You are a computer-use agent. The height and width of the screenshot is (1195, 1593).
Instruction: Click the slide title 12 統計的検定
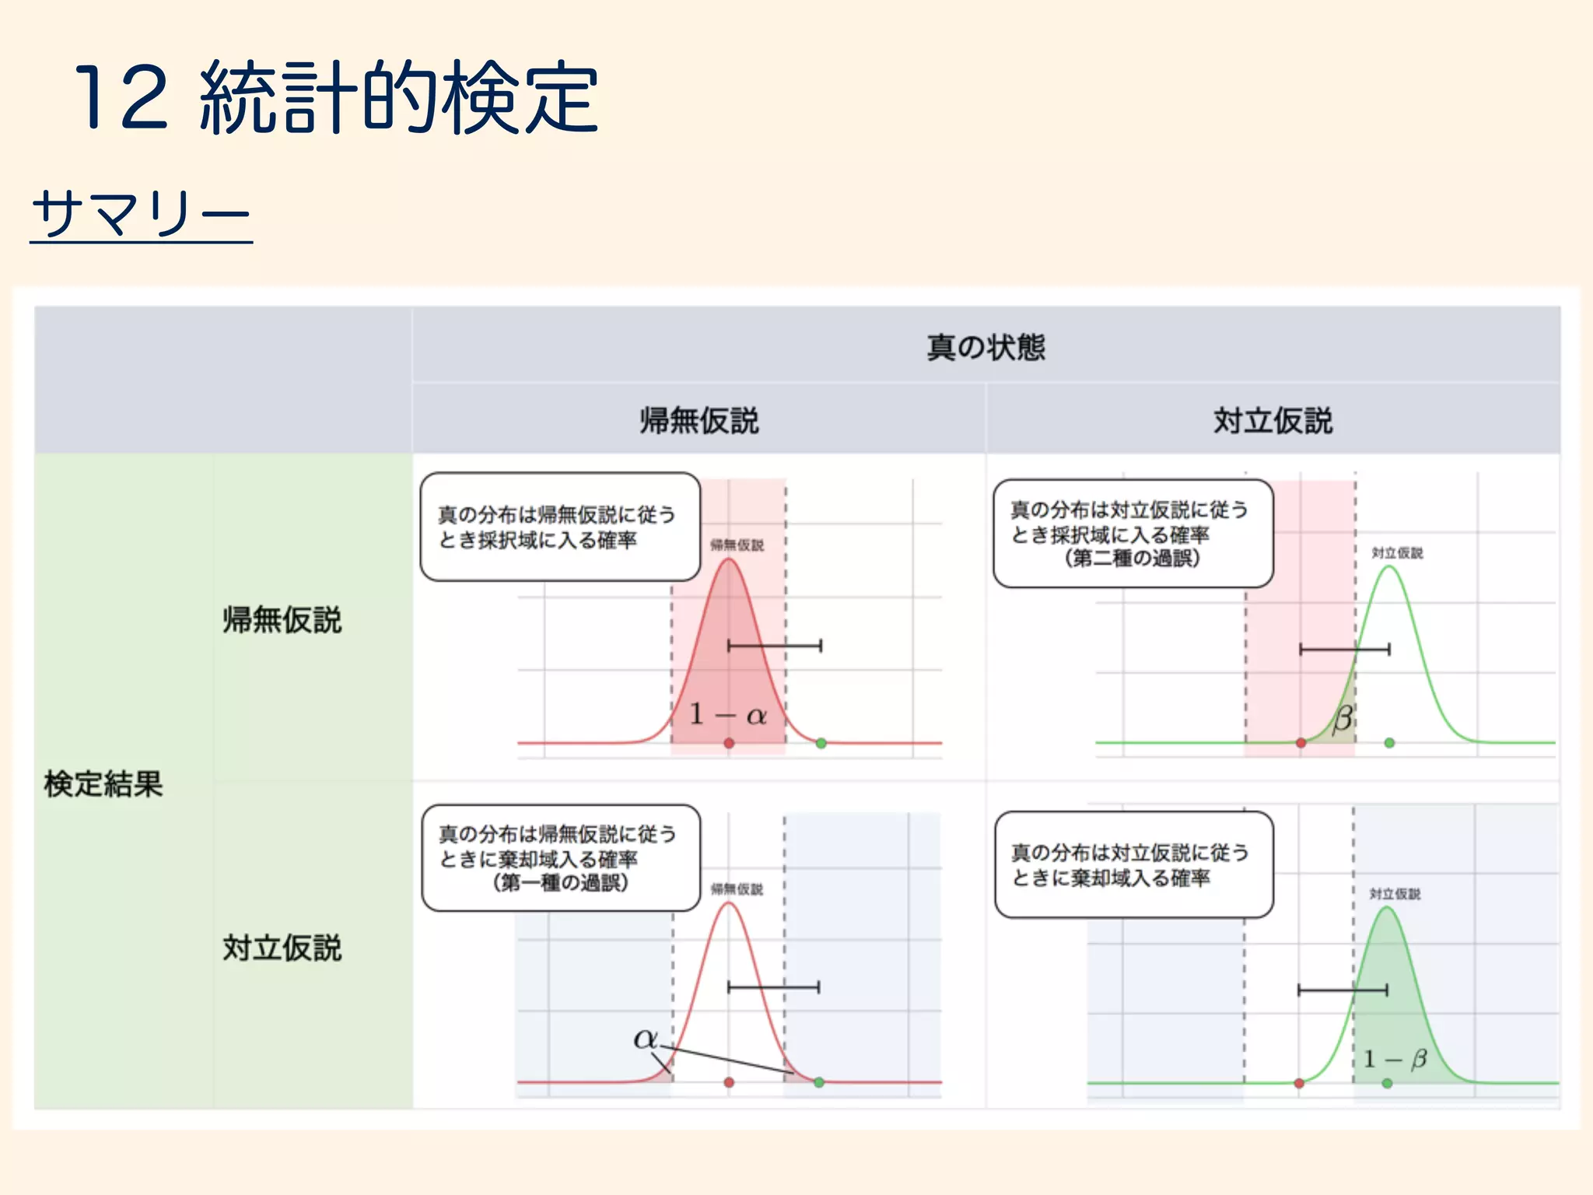click(336, 98)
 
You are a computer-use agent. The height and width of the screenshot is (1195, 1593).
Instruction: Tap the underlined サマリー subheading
click(142, 213)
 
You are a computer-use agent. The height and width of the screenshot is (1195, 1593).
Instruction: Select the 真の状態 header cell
click(986, 347)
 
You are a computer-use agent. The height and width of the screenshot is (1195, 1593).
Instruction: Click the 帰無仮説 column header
click(698, 421)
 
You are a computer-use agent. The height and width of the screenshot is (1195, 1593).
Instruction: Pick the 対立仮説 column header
click(1273, 421)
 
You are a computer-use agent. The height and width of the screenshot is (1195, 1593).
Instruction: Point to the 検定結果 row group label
click(103, 783)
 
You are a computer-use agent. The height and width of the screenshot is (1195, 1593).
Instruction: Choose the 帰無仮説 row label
click(282, 620)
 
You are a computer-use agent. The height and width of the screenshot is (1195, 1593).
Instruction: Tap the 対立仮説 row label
click(282, 948)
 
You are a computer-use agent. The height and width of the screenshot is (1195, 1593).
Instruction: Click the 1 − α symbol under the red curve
click(728, 714)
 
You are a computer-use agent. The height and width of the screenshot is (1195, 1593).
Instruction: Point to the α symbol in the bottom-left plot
click(645, 1038)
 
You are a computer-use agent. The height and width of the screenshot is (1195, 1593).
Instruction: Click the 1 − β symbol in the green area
click(1395, 1059)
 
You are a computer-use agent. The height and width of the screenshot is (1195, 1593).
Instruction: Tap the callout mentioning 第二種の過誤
click(1133, 534)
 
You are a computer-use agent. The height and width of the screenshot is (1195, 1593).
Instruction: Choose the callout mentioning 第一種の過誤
click(560, 858)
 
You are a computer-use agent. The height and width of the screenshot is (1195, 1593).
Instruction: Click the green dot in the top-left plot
click(821, 743)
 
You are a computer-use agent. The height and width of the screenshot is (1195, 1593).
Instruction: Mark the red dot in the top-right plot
click(1301, 743)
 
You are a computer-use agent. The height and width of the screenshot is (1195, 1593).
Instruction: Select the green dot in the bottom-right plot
click(1387, 1083)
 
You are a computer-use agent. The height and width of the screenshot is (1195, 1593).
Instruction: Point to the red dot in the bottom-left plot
click(729, 1082)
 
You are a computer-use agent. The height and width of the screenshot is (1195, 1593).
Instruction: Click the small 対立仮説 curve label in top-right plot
click(1397, 553)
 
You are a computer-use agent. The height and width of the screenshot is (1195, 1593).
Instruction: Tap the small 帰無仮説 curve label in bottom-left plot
click(737, 889)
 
